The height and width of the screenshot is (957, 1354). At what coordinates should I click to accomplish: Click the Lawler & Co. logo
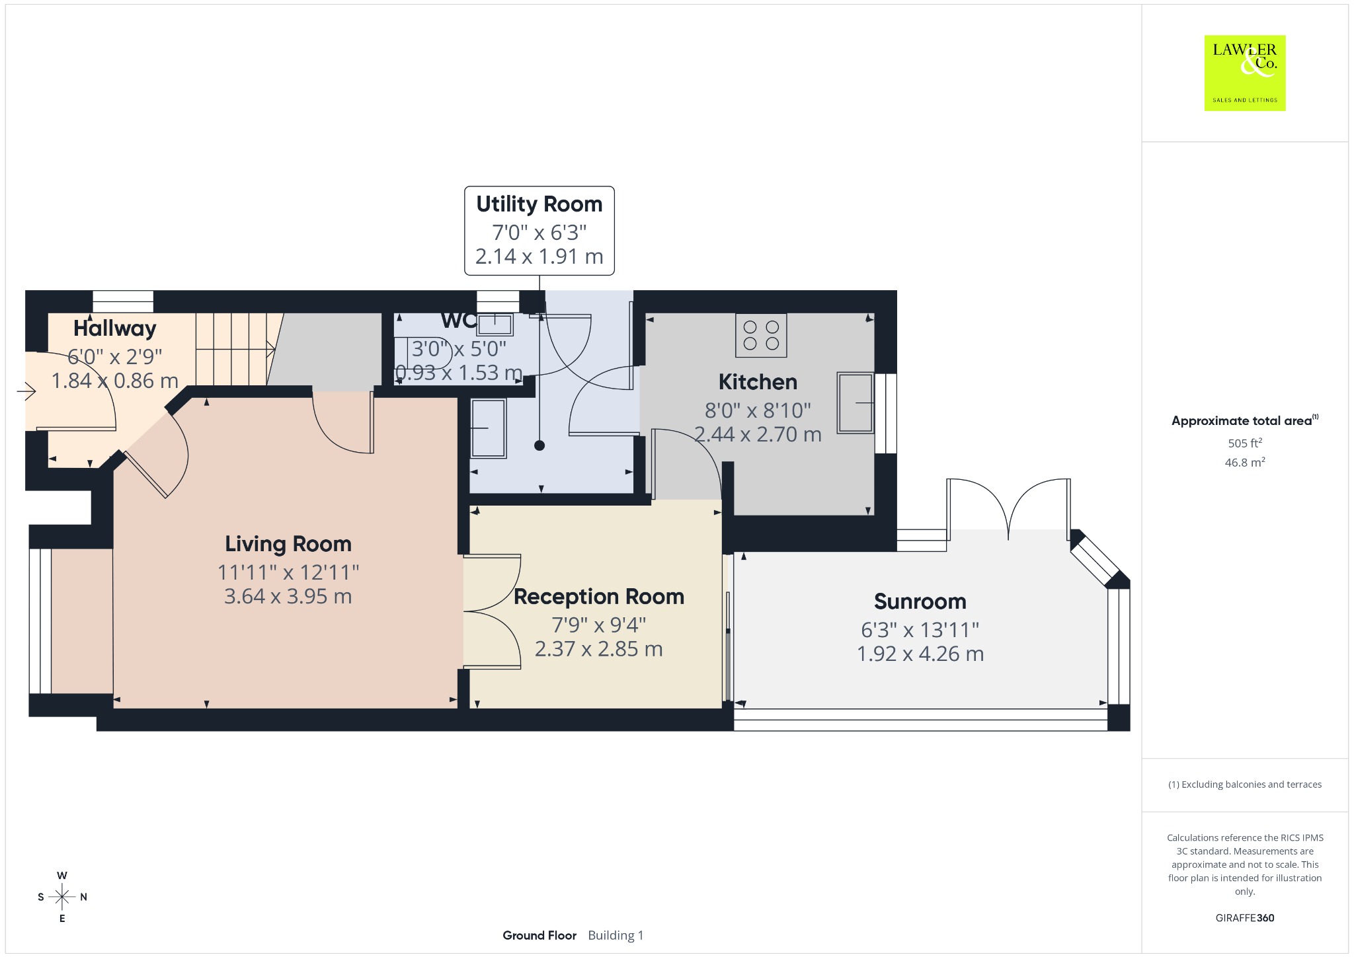click(x=1244, y=73)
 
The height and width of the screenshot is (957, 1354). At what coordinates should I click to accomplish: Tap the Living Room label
click(x=288, y=544)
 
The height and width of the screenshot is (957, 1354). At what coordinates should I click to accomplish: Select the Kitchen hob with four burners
click(x=761, y=335)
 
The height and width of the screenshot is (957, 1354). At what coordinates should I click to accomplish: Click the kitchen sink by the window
click(x=856, y=402)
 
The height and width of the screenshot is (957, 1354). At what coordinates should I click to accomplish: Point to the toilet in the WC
click(x=423, y=352)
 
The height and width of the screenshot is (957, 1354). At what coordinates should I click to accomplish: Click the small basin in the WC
click(x=495, y=324)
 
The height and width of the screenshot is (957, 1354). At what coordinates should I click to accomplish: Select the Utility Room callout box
click(x=539, y=231)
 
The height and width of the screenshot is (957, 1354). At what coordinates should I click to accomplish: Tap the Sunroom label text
click(x=920, y=601)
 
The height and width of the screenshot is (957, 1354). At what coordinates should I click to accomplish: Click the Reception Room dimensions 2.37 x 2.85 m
click(x=599, y=649)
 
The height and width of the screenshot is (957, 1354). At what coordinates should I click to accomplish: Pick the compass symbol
click(x=62, y=897)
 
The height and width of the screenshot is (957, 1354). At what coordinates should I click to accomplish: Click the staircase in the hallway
click(x=235, y=349)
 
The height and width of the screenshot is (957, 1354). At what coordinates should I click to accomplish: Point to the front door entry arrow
click(x=26, y=392)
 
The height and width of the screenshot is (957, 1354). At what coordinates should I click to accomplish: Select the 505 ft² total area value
click(x=1245, y=443)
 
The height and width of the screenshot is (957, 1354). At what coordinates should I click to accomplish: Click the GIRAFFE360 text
click(x=1245, y=917)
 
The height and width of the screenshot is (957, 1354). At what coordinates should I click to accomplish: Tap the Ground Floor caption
click(x=539, y=935)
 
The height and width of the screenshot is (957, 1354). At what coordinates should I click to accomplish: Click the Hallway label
click(x=115, y=328)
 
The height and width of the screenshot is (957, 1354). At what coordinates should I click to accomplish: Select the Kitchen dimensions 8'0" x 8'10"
click(x=758, y=410)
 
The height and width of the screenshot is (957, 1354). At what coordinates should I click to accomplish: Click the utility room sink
click(x=488, y=428)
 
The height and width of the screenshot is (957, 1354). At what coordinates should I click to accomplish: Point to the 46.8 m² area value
click(x=1245, y=462)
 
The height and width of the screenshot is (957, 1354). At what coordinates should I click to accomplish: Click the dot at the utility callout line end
click(x=539, y=445)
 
